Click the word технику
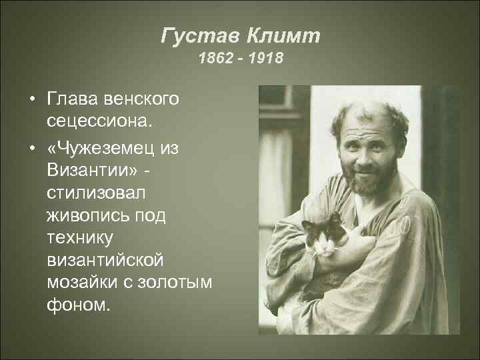tap(77, 240)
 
